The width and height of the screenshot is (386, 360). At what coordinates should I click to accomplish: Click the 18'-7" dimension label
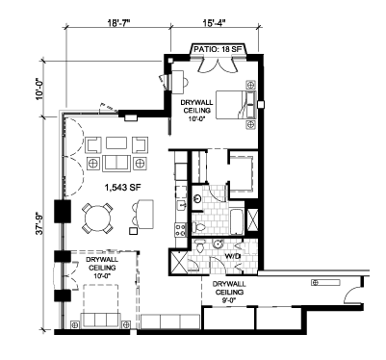118,23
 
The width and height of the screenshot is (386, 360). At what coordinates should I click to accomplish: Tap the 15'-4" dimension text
215,23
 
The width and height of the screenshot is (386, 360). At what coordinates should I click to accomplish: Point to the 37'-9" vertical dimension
40,222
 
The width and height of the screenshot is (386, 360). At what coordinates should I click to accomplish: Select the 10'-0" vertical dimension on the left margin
40,89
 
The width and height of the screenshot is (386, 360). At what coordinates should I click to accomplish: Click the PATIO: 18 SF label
219,50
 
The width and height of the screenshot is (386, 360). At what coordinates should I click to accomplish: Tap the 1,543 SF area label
123,188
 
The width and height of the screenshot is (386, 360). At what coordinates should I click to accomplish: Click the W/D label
230,256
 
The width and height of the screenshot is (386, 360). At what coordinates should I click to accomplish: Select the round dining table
98,219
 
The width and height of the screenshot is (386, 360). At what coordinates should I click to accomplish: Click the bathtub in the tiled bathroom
237,222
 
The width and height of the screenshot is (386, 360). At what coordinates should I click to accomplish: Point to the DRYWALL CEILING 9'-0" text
229,292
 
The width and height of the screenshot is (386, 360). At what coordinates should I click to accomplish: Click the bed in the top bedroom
236,105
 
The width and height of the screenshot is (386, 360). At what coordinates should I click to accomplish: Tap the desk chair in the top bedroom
185,82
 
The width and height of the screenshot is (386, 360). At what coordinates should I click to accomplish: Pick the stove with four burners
181,230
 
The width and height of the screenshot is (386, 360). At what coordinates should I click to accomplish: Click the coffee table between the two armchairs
116,143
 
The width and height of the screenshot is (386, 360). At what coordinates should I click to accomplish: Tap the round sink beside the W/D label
219,244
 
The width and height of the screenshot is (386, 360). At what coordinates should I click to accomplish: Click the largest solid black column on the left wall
63,211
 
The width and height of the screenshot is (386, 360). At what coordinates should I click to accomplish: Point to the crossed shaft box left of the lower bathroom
178,262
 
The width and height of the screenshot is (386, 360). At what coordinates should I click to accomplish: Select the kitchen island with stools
145,214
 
